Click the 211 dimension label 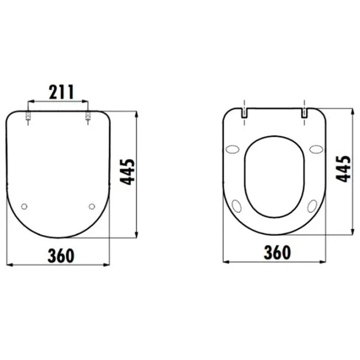click(x=61, y=92)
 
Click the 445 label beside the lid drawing click(x=127, y=172)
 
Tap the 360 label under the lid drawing click(x=61, y=256)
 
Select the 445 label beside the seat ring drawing click(x=343, y=169)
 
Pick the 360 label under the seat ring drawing click(x=277, y=253)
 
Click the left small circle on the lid click(x=24, y=206)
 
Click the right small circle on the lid click(x=92, y=206)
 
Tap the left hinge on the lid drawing click(x=28, y=116)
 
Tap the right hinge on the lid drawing click(x=88, y=116)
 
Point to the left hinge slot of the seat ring click(x=244, y=113)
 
